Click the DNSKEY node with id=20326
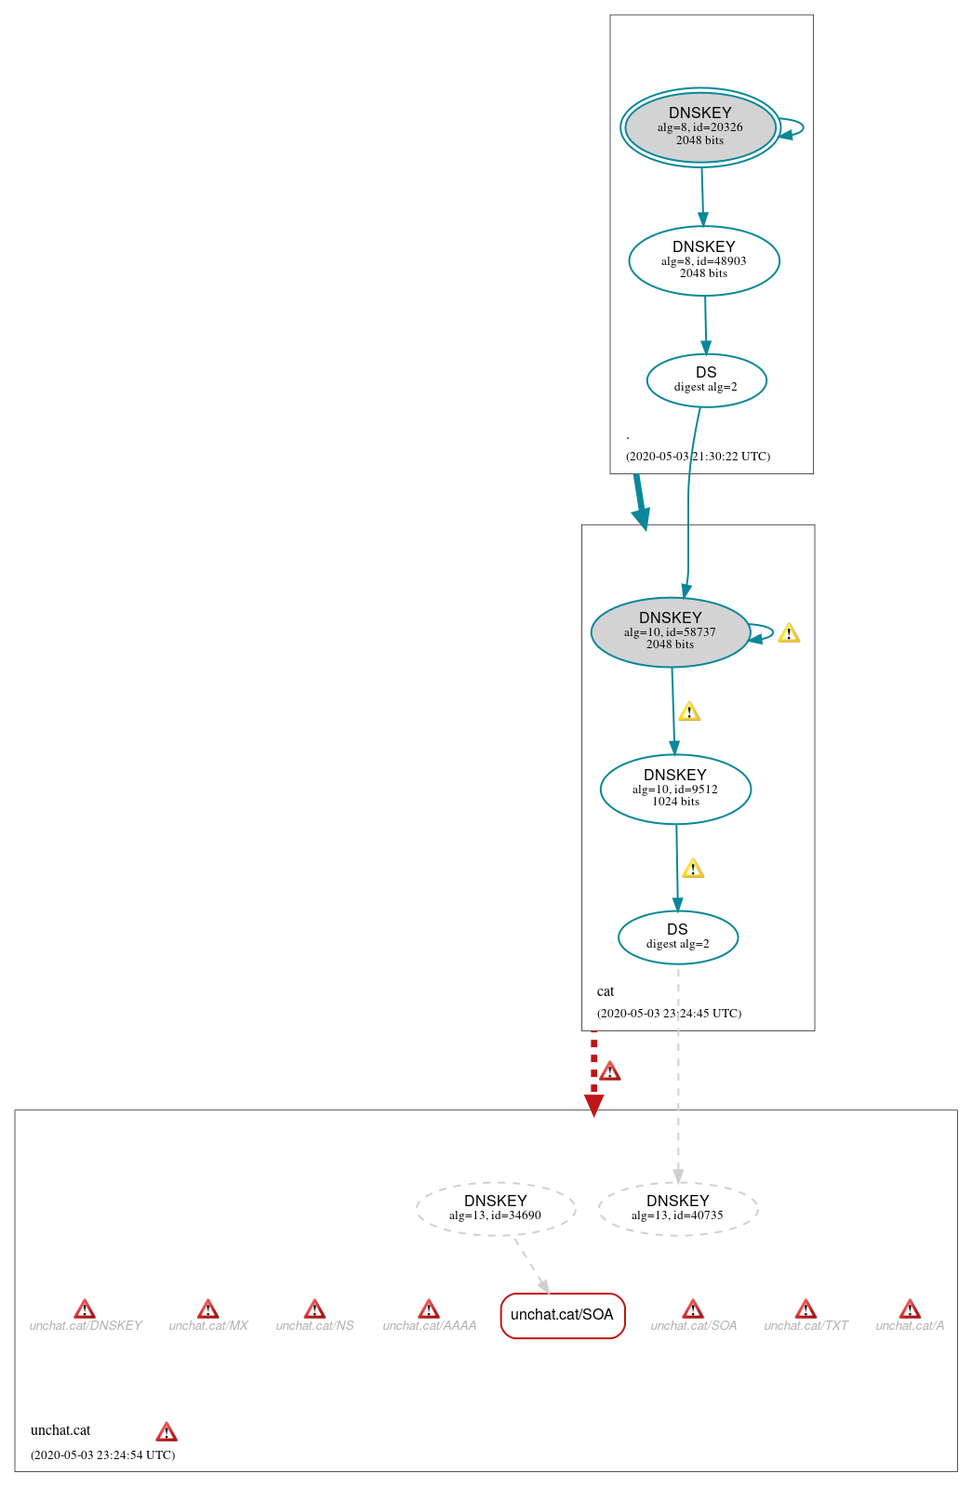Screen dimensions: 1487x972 [x=699, y=127]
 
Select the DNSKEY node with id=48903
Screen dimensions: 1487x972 [x=703, y=260]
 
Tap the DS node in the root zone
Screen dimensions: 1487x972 [x=706, y=380]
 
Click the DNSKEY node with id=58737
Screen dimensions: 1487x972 [x=670, y=632]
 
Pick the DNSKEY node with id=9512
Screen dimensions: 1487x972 [x=675, y=789]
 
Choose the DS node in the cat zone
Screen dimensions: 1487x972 [x=677, y=937]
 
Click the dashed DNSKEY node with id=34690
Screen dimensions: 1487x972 [x=495, y=1209]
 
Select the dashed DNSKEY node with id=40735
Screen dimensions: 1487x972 [x=677, y=1209]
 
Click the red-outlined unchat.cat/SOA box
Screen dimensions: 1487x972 [x=562, y=1315]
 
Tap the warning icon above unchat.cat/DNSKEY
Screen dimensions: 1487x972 [x=85, y=1309]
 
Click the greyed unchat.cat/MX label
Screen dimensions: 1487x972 [x=208, y=1326]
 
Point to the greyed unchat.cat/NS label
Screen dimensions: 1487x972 [x=314, y=1326]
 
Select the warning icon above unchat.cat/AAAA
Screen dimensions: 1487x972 [x=429, y=1309]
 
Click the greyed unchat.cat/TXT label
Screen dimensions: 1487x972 [x=806, y=1326]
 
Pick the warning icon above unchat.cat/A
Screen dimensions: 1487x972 [x=910, y=1309]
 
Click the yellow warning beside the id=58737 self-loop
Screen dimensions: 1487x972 [x=789, y=633]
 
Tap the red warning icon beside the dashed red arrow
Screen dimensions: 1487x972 [x=609, y=1071]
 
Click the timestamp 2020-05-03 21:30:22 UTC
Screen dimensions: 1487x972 [x=698, y=457]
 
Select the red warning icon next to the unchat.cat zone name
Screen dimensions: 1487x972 [x=166, y=1431]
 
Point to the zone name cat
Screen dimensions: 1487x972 [x=606, y=991]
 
